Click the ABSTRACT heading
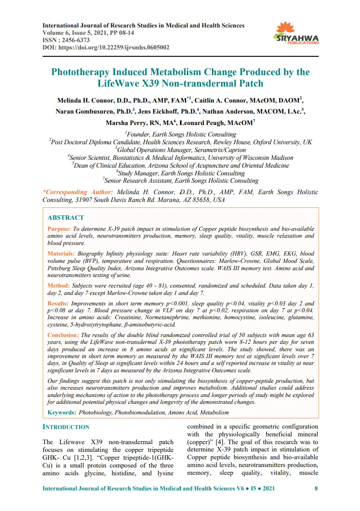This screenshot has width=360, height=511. (65, 217)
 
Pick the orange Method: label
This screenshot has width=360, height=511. (59, 285)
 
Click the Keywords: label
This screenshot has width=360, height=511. (62, 413)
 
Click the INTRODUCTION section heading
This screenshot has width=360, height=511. (65, 427)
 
